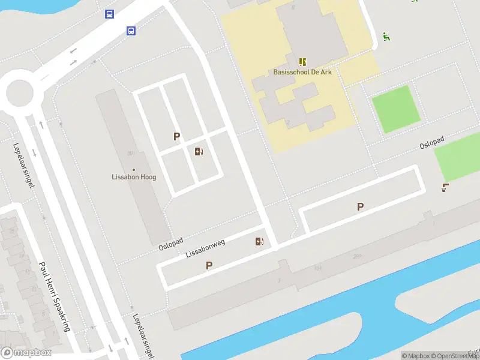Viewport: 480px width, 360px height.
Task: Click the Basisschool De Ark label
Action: (x=302, y=73)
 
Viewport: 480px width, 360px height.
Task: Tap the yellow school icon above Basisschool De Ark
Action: (x=302, y=62)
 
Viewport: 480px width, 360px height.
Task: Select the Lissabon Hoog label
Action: (x=134, y=177)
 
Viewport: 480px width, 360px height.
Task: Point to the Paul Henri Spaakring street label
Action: (x=55, y=296)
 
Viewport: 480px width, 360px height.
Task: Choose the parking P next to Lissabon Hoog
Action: (x=176, y=137)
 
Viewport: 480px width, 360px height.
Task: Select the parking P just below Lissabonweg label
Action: (x=209, y=265)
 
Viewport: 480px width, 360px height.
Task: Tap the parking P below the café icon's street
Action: (x=360, y=207)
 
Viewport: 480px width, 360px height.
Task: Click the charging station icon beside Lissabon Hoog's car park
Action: (x=199, y=151)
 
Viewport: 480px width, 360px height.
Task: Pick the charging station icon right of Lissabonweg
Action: (x=259, y=241)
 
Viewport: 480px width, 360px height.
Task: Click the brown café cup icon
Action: (x=445, y=188)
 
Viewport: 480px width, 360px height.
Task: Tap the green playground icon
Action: (x=387, y=37)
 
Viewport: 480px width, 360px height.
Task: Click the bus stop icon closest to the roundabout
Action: (x=109, y=14)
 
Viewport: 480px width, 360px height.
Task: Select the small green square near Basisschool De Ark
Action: (x=395, y=109)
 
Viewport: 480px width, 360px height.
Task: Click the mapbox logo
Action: (x=26, y=353)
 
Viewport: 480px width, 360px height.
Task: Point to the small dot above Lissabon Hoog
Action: (x=134, y=170)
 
